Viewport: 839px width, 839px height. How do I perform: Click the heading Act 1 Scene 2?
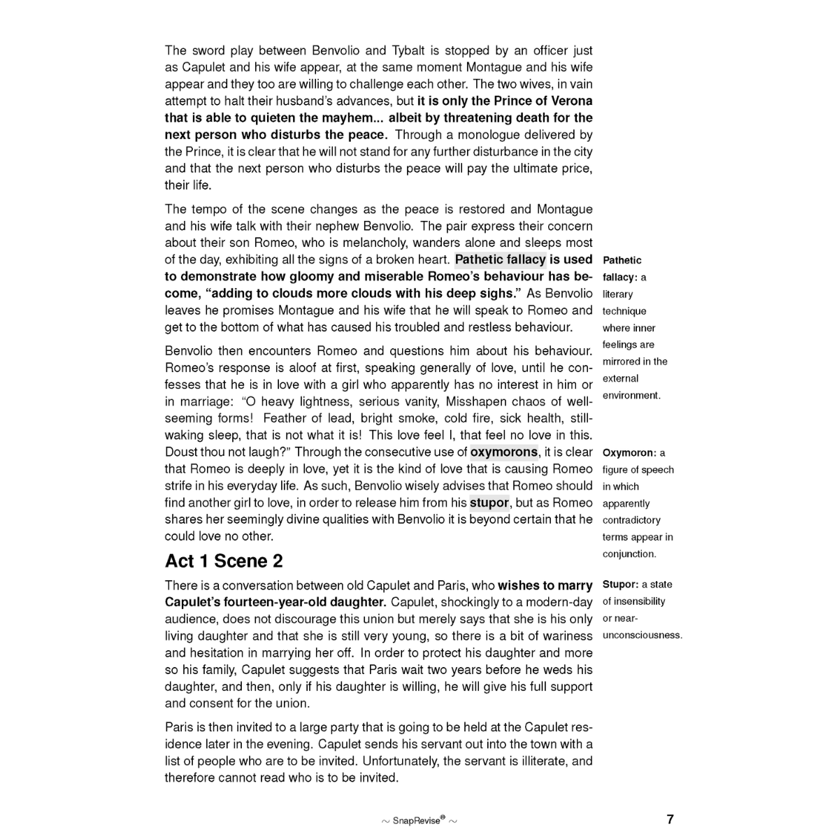coord(224,561)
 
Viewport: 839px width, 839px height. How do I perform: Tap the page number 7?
coord(670,819)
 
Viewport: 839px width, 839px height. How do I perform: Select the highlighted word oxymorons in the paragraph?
coord(504,452)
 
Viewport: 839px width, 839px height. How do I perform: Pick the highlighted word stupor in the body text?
coord(489,503)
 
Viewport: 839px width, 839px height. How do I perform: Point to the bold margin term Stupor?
coord(620,585)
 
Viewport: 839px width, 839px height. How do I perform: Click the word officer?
coord(535,50)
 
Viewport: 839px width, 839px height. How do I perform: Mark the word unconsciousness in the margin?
coord(642,636)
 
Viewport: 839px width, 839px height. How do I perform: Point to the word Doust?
coord(180,452)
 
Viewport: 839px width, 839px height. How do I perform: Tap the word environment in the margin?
coord(631,395)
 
